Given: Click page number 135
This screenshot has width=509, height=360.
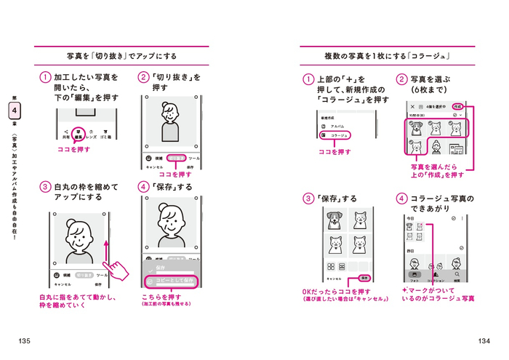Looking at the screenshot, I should click(25, 341).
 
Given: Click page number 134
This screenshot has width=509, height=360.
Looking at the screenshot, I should click(483, 341).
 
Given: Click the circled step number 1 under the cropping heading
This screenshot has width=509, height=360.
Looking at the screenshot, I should click(45, 77).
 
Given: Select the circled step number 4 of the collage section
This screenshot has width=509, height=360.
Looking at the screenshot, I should click(401, 199).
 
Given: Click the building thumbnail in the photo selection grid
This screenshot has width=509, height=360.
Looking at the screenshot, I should click(456, 149).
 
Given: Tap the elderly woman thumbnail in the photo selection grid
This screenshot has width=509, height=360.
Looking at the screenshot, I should click(436, 149).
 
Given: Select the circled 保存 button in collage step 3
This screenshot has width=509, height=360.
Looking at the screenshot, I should click(366, 278).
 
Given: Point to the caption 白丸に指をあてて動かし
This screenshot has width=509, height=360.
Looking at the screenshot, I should click(78, 297).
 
